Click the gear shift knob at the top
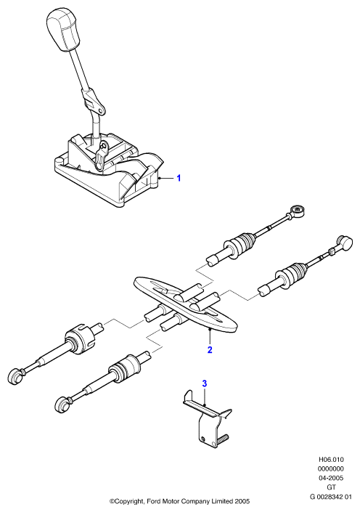coord(64,30)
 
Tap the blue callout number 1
coord(179,178)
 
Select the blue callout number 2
coord(210,350)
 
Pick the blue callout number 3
coord(205,383)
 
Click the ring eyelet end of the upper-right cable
coord(297,210)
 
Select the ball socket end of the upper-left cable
coord(15,375)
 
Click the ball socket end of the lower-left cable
coord(62,405)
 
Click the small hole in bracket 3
coord(203,439)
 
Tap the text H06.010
coord(331,460)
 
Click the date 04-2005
coord(331,478)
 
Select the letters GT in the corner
coord(331,487)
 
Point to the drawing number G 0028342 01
coord(331,497)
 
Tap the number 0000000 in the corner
coord(331,469)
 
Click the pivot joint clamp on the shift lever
coord(94,100)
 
